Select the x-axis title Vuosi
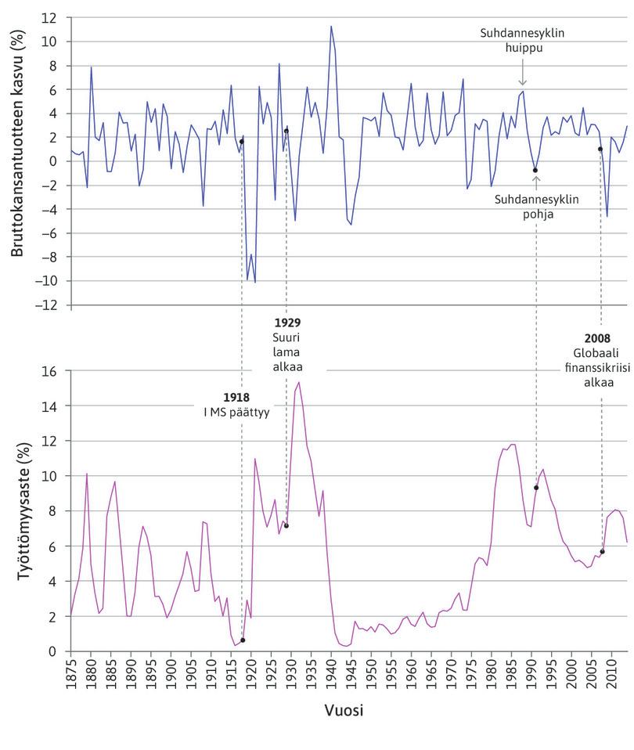point(344,711)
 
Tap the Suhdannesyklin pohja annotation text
point(537,206)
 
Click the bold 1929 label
point(287,322)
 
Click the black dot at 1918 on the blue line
point(242,142)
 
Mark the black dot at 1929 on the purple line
point(286,525)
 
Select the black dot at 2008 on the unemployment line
point(602,552)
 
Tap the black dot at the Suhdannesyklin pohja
point(535,170)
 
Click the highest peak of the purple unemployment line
point(299,382)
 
